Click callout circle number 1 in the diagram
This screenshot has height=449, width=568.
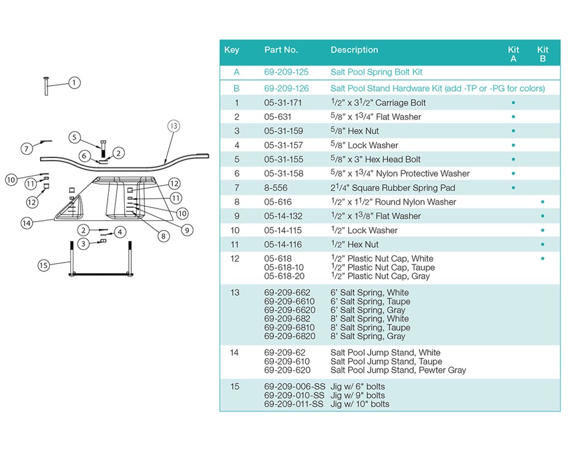(x=74, y=82)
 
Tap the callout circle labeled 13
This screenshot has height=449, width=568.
(x=174, y=126)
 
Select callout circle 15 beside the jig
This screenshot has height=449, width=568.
(x=44, y=265)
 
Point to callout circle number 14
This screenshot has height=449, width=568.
(x=26, y=223)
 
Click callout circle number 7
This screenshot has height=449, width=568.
(x=26, y=148)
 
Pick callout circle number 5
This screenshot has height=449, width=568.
(x=74, y=137)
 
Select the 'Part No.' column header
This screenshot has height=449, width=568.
(x=281, y=50)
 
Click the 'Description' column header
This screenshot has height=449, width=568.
(x=354, y=50)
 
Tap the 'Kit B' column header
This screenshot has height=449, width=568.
(x=542, y=54)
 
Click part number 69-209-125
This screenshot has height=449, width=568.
(x=286, y=72)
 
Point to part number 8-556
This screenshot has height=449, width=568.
(x=276, y=188)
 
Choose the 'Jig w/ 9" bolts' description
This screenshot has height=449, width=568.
(x=358, y=395)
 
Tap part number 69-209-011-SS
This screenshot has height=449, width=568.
(x=294, y=404)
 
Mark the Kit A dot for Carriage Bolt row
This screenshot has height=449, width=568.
(x=513, y=103)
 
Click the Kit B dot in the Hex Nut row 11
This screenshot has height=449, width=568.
(x=542, y=244)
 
